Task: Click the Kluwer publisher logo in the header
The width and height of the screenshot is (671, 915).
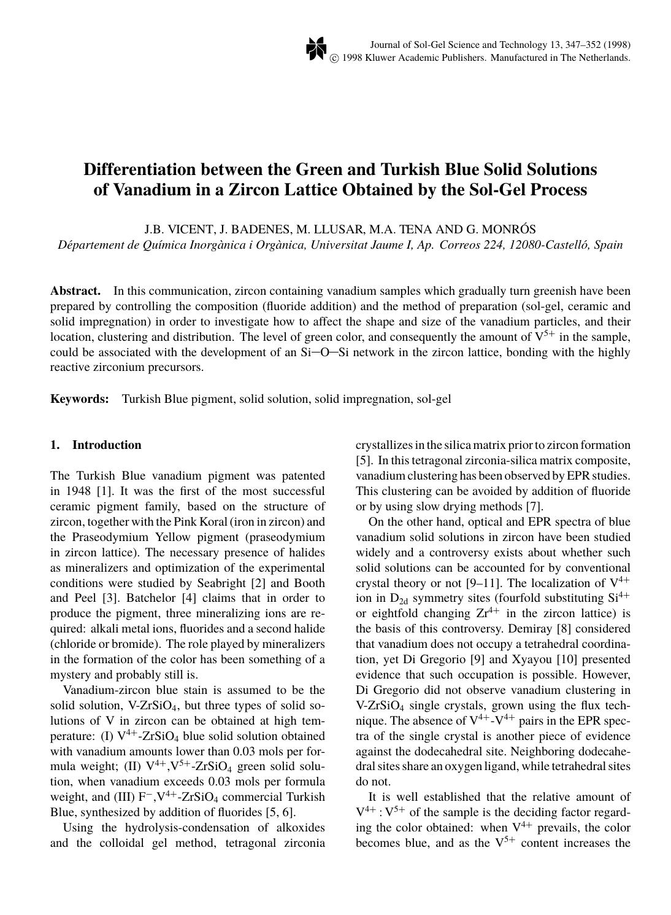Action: (315, 49)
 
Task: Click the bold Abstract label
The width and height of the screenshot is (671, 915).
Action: (75, 291)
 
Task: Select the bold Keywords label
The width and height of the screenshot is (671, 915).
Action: (79, 399)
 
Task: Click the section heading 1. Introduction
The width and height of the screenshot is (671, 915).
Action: (96, 445)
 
